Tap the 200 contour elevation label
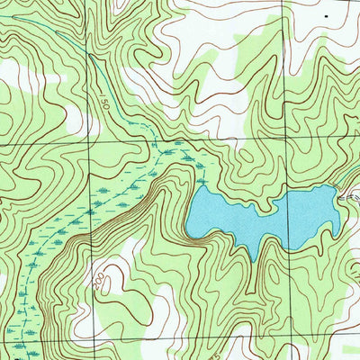(98, 285)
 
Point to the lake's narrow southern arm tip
(258, 258)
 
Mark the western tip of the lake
(187, 225)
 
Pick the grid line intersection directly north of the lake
(286, 143)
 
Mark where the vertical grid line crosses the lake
(286, 216)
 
